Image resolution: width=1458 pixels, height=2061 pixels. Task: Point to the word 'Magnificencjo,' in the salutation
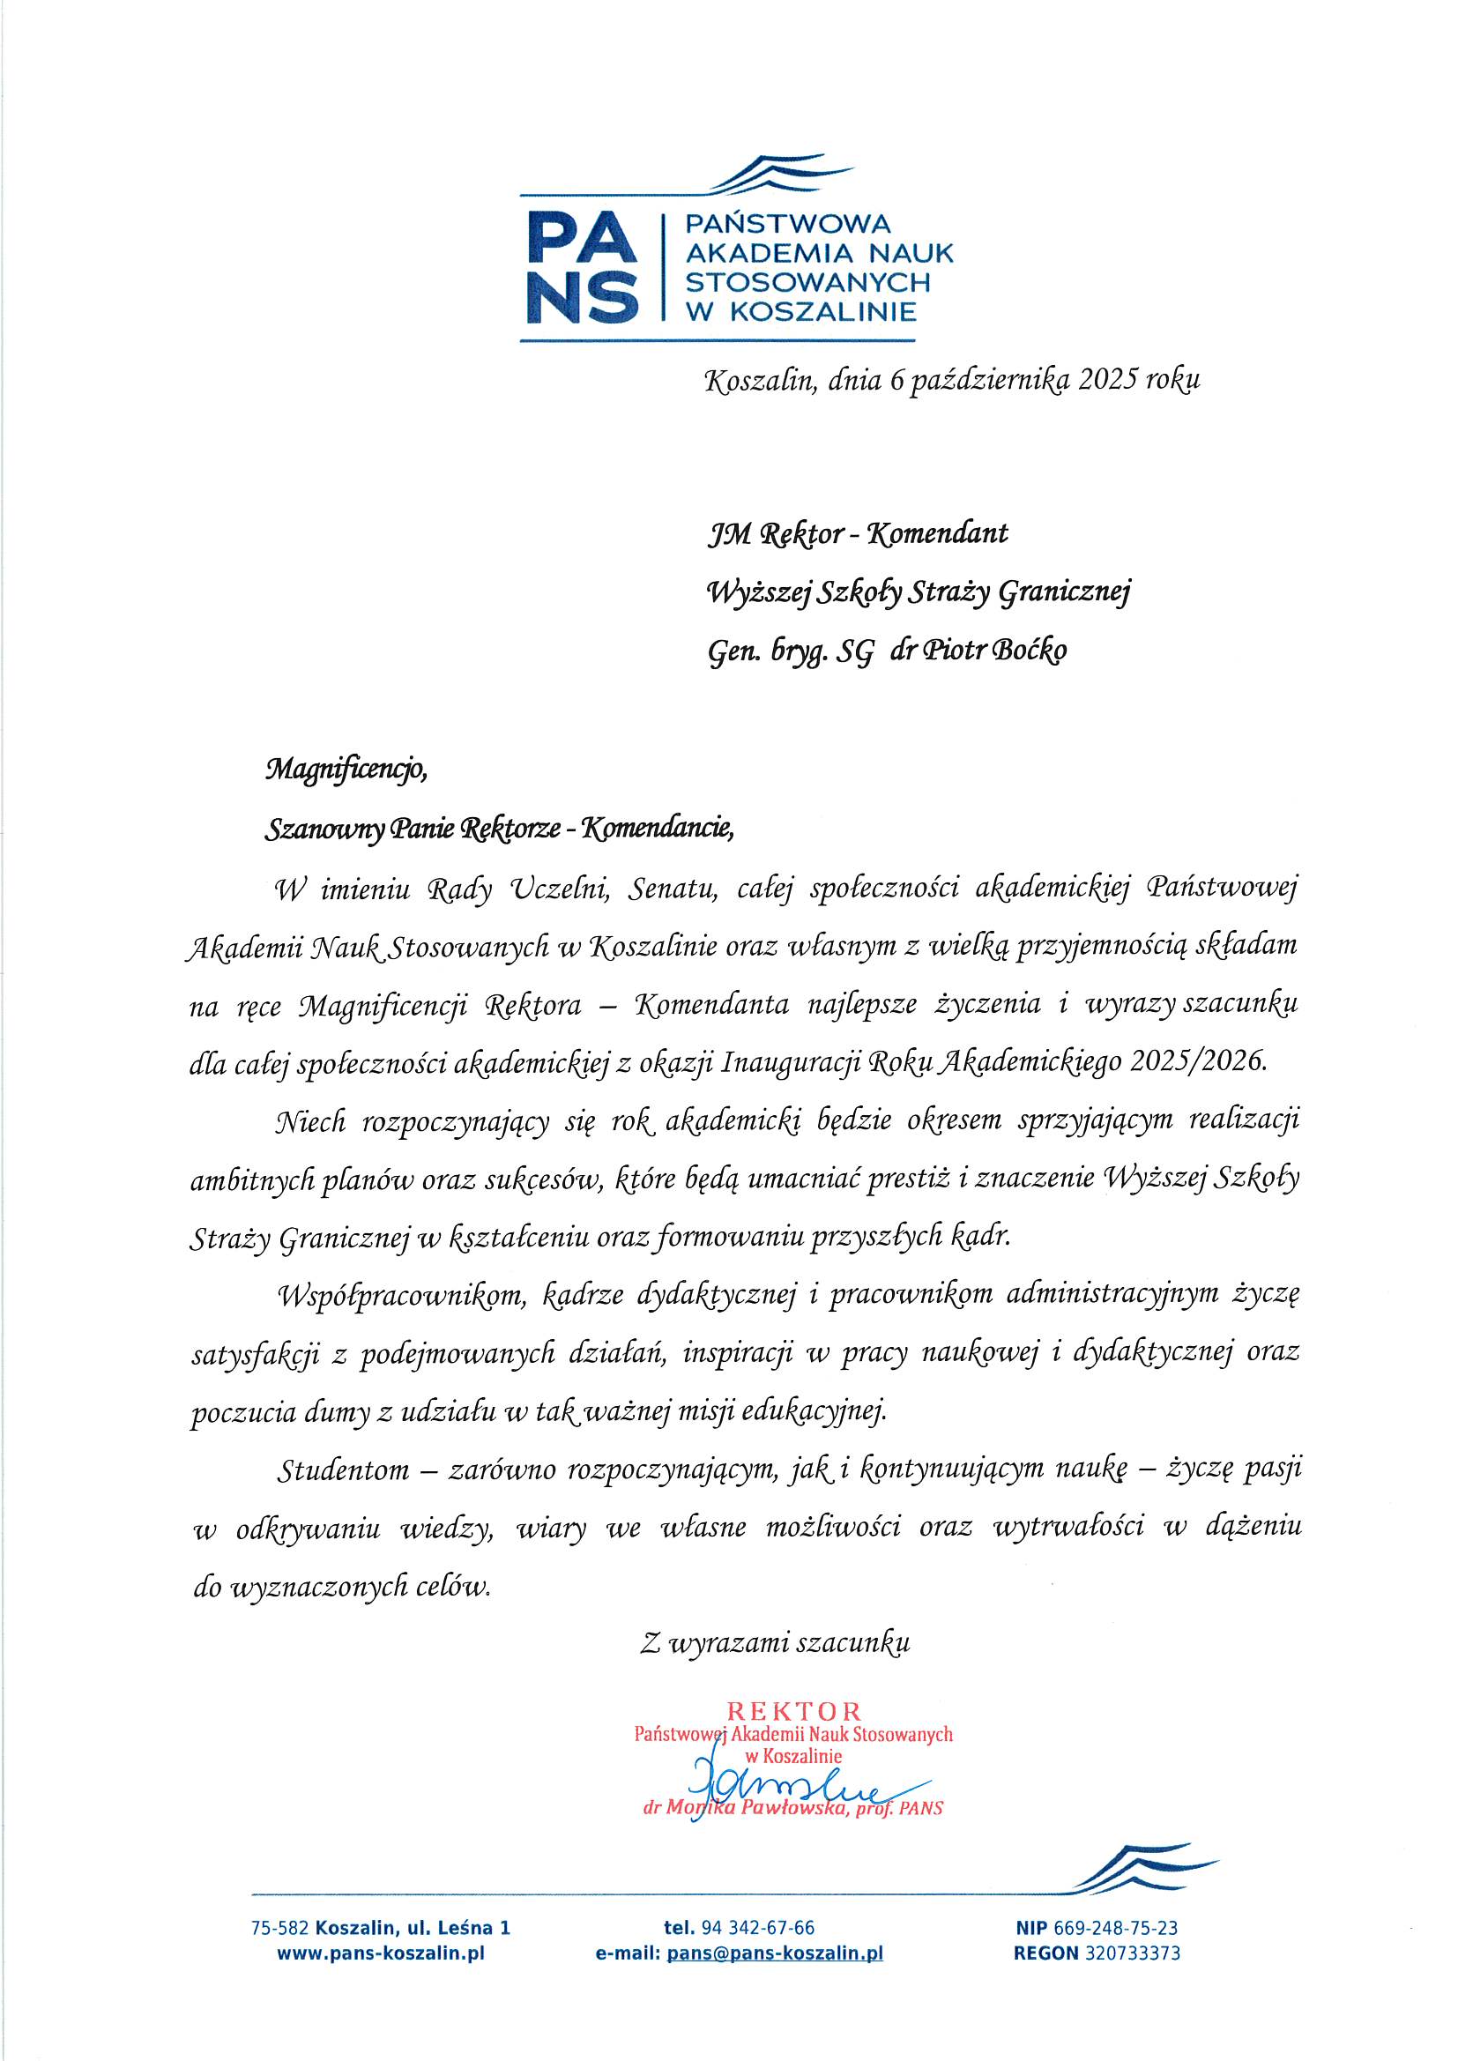345,770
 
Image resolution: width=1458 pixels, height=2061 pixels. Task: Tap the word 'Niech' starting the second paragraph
310,1121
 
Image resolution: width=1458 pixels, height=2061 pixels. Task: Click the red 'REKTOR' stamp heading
793,1712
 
